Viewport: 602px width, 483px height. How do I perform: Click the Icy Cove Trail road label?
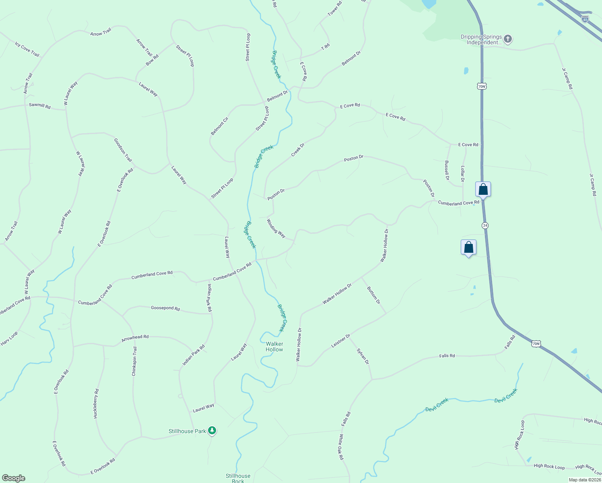(27, 49)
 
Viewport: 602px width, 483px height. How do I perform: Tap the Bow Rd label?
(152, 60)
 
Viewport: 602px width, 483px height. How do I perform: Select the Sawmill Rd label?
(40, 106)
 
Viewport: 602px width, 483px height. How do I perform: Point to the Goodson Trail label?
(123, 150)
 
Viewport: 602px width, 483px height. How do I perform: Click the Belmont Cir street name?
(219, 126)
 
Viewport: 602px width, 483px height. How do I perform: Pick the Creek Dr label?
(298, 150)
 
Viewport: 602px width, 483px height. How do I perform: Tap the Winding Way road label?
(276, 228)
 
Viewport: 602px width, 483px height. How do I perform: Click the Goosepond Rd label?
(165, 308)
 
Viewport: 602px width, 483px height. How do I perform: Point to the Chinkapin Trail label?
(134, 361)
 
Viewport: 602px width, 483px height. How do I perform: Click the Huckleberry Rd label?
(96, 403)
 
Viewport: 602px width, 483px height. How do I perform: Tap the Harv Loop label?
(9, 339)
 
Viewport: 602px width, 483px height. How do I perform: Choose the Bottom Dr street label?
(373, 295)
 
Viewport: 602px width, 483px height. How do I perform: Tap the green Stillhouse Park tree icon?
(212, 431)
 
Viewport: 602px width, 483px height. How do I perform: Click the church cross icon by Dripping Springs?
(508, 39)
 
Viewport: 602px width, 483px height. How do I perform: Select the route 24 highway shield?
(485, 225)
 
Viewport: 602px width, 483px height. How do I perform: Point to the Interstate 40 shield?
(585, 19)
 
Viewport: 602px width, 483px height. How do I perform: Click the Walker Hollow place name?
(274, 347)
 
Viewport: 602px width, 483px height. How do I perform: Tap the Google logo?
(13, 478)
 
